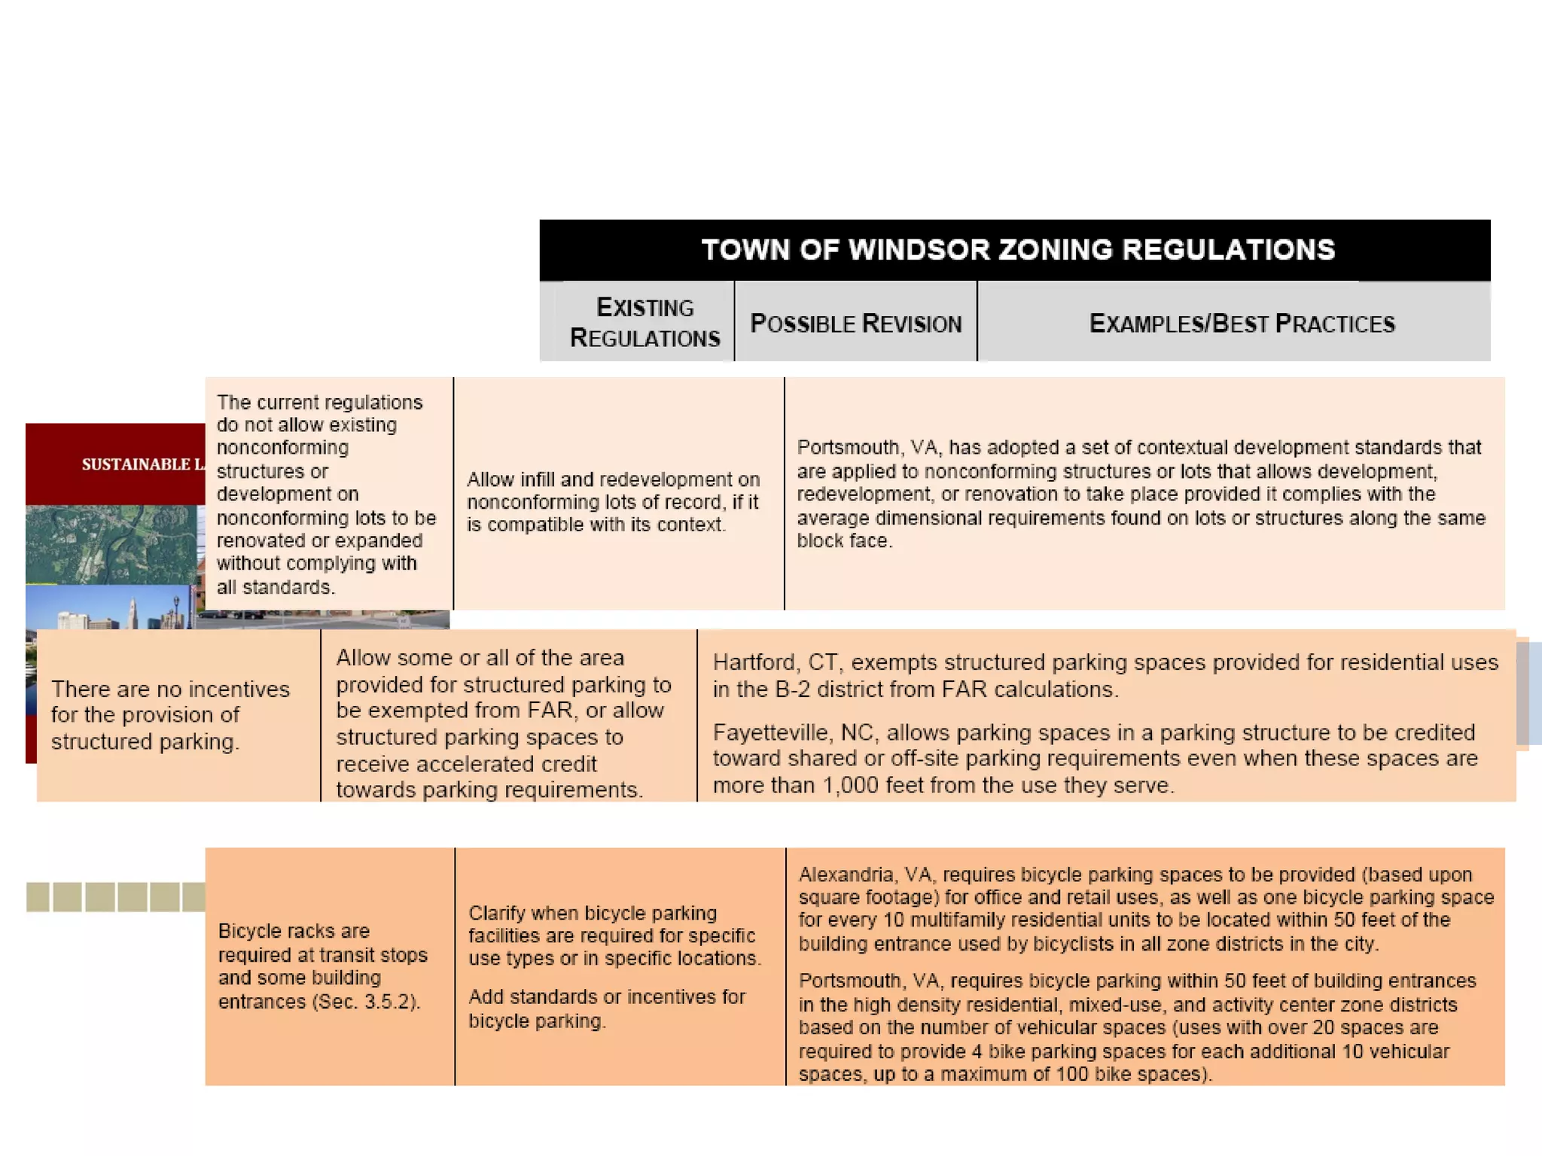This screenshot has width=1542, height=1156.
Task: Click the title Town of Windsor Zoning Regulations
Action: (x=1018, y=250)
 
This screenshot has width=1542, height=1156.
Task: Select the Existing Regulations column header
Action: (x=645, y=323)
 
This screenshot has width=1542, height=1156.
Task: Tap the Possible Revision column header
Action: (x=856, y=324)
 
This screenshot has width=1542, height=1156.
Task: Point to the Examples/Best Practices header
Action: (x=1242, y=324)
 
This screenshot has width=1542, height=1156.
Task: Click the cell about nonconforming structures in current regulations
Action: (x=326, y=494)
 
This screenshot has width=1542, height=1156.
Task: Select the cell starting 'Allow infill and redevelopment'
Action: (x=613, y=501)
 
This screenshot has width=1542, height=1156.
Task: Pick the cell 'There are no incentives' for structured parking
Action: (x=170, y=715)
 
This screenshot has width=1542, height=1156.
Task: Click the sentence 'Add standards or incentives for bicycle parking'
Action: (x=606, y=1008)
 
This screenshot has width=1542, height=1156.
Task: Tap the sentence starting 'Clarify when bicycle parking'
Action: (x=614, y=935)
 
